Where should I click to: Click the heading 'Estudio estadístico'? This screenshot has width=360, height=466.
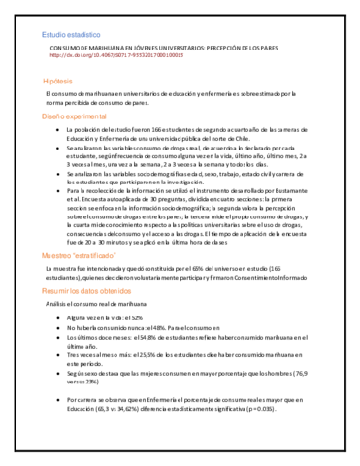(x=70, y=36)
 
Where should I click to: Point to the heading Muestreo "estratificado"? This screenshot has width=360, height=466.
(x=79, y=255)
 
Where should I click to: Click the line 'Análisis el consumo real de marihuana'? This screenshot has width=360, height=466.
(x=98, y=304)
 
